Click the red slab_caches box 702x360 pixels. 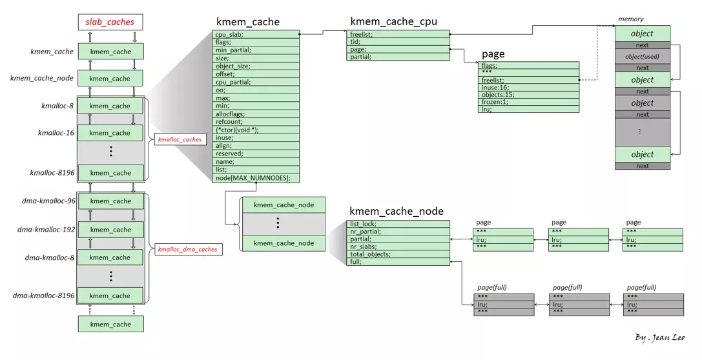point(110,23)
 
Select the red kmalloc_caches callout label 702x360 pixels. point(180,139)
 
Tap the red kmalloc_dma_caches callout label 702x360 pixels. point(188,249)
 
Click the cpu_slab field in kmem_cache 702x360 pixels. point(256,34)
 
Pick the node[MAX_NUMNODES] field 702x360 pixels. point(256,178)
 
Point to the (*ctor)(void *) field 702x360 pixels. point(256,130)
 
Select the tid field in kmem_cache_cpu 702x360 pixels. point(398,41)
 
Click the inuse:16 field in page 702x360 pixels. point(529,87)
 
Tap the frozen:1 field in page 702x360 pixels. point(529,102)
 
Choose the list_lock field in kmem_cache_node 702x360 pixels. point(398,224)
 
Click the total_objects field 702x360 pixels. point(398,254)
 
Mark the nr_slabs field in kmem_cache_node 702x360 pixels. point(398,246)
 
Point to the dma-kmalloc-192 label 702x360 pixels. point(43,229)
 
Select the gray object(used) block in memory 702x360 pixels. point(642,57)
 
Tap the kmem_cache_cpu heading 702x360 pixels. point(393,21)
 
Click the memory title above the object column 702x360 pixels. point(631,19)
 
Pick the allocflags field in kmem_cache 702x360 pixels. point(256,114)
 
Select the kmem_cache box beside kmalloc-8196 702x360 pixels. point(110,173)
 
